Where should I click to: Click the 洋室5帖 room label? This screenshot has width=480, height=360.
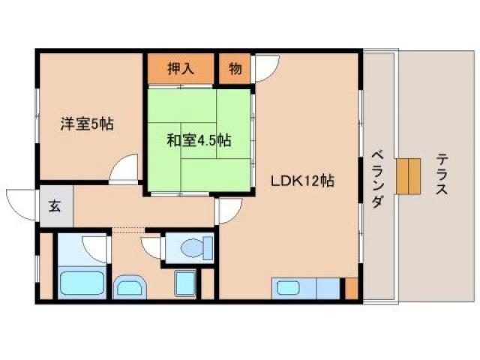[87, 124]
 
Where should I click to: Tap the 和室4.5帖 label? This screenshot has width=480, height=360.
[198, 139]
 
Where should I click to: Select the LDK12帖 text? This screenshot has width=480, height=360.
[302, 181]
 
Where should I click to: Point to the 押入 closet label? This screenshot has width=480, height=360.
[181, 68]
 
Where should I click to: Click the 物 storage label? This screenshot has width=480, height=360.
[235, 68]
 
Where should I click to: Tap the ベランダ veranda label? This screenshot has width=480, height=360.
[377, 180]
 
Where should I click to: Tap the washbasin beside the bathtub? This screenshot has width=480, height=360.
[132, 286]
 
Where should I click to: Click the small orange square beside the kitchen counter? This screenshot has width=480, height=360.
[350, 287]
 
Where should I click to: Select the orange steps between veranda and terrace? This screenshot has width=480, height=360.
[409, 177]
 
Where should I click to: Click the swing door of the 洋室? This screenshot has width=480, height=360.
[124, 169]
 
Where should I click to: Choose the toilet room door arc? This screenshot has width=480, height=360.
[153, 248]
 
